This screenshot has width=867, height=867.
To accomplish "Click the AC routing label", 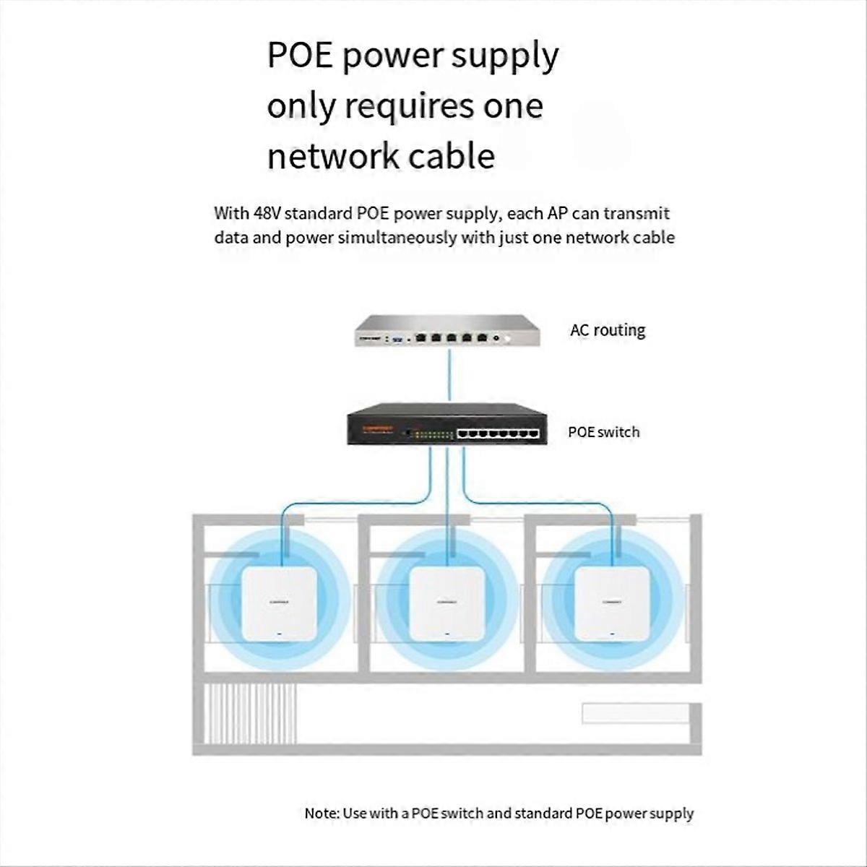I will click(x=607, y=330).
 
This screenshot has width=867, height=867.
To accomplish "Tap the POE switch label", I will click(x=603, y=432).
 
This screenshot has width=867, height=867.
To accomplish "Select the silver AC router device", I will click(x=447, y=332).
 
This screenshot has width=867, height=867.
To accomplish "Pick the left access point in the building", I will click(x=279, y=603).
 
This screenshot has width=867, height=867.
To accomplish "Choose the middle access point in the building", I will click(x=447, y=603).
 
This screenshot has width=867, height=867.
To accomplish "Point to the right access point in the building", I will click(x=611, y=603).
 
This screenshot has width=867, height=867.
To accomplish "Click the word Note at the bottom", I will click(x=321, y=814).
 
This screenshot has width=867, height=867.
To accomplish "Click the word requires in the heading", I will click(x=407, y=107).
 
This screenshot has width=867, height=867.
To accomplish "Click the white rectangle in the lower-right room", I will click(x=635, y=713).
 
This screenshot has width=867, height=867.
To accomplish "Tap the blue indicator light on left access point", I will click(x=279, y=635).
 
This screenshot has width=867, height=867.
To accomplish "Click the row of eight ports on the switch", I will click(x=499, y=433).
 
